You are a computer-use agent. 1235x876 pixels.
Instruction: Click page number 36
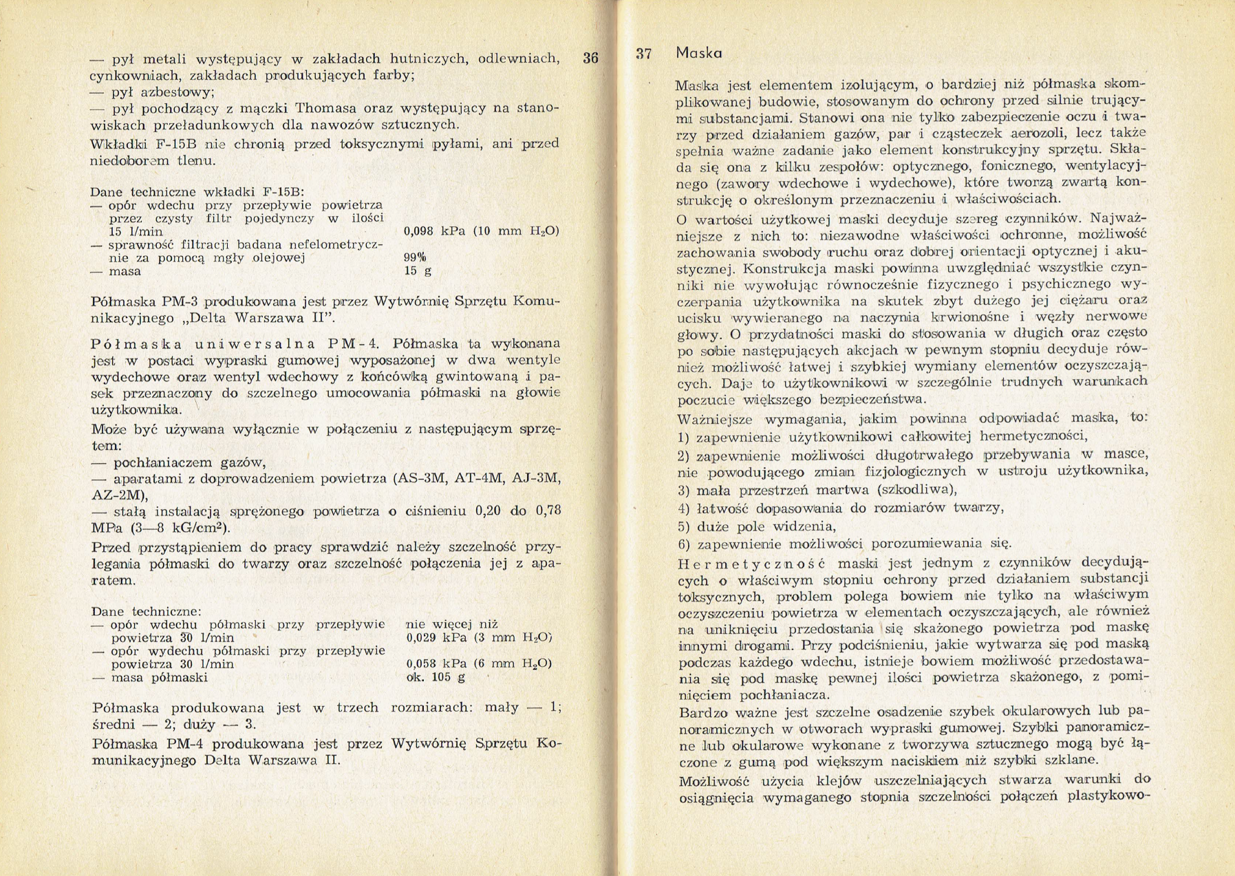pos(590,58)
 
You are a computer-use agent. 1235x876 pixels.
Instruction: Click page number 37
pos(644,54)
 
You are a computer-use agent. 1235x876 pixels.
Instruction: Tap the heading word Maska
pos(699,53)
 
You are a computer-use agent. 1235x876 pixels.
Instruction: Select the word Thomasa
pos(327,108)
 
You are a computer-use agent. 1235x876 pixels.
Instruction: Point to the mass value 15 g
pos(418,271)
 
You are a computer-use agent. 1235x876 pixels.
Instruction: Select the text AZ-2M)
pos(120,495)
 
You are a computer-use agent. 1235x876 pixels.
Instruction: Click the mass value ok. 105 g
pos(436,677)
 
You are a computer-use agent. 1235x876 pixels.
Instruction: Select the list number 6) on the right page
pos(683,544)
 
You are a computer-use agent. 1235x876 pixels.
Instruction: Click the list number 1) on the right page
pos(683,437)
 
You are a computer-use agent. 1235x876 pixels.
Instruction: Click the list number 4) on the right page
pos(683,509)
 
